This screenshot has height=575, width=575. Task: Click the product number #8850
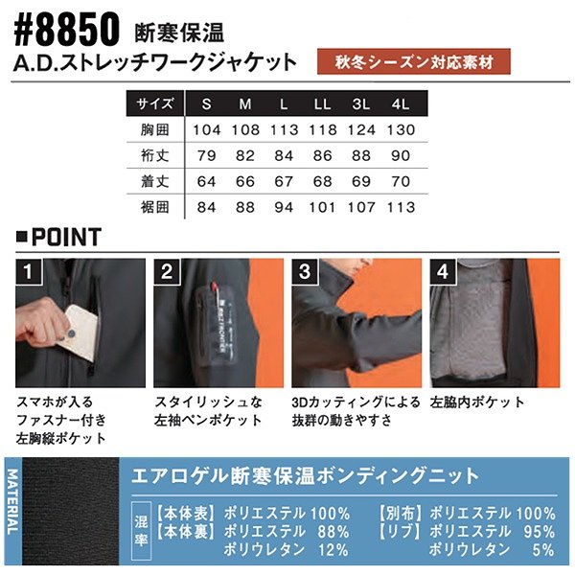tap(67, 31)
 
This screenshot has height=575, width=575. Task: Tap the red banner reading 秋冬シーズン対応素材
tap(414, 61)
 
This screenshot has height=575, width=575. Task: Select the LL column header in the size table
tap(322, 104)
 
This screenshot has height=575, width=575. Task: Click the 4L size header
tap(400, 104)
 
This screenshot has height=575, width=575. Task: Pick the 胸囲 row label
tap(154, 129)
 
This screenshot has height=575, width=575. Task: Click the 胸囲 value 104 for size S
tap(207, 129)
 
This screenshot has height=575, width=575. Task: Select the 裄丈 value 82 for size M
tap(245, 155)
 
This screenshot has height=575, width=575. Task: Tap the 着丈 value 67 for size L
tap(284, 181)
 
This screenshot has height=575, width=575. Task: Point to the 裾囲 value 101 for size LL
tap(322, 208)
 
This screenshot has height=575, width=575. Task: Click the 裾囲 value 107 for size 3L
tap(361, 208)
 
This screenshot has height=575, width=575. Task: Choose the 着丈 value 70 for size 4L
tap(400, 181)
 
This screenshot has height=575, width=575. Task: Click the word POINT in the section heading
tap(66, 237)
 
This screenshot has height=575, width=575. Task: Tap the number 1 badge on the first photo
tap(28, 272)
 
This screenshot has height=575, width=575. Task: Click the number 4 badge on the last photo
tap(443, 272)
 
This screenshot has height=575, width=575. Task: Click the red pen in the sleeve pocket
tap(215, 289)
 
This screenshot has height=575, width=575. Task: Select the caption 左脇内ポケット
tap(477, 402)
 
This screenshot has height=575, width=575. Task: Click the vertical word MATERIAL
tap(12, 501)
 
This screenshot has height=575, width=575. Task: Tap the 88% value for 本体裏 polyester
tap(333, 532)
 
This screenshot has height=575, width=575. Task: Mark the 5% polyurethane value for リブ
tap(543, 550)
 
